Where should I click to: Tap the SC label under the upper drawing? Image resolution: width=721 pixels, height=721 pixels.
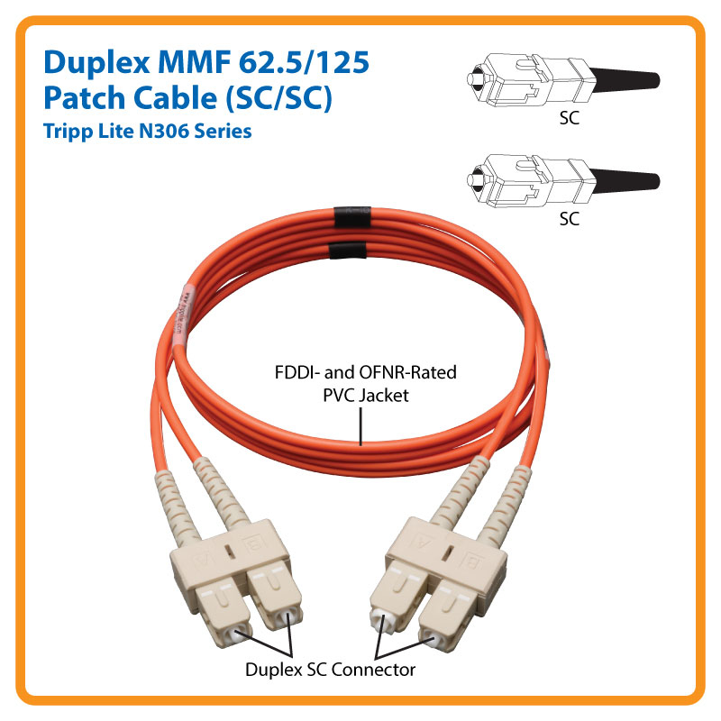click(x=569, y=118)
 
